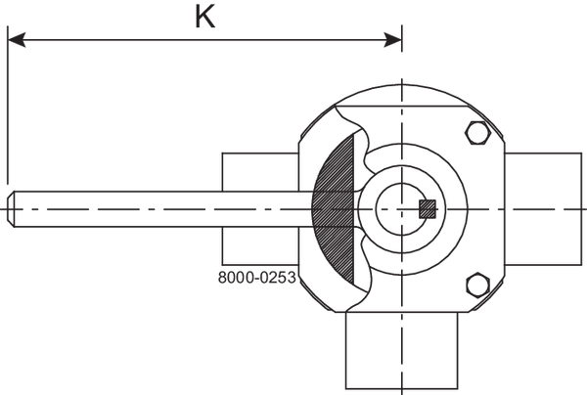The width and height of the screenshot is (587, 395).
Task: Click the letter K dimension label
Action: tap(204, 19)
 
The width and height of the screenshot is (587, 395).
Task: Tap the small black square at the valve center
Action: tap(425, 208)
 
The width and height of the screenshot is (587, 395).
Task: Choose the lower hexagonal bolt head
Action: tap(476, 285)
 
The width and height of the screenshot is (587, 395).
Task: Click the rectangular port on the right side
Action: tap(545, 208)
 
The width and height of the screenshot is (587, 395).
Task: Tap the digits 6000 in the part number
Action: tap(232, 277)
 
